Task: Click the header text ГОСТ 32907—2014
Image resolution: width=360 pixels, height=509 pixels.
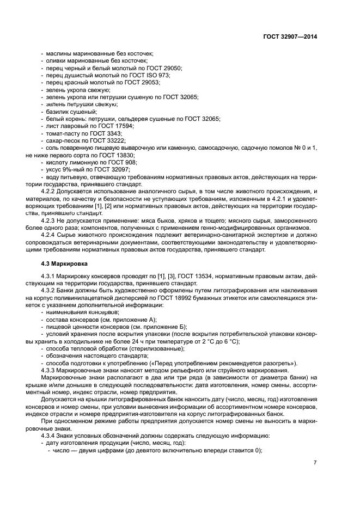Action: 291,36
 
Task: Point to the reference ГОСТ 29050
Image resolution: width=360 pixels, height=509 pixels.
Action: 167,68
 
